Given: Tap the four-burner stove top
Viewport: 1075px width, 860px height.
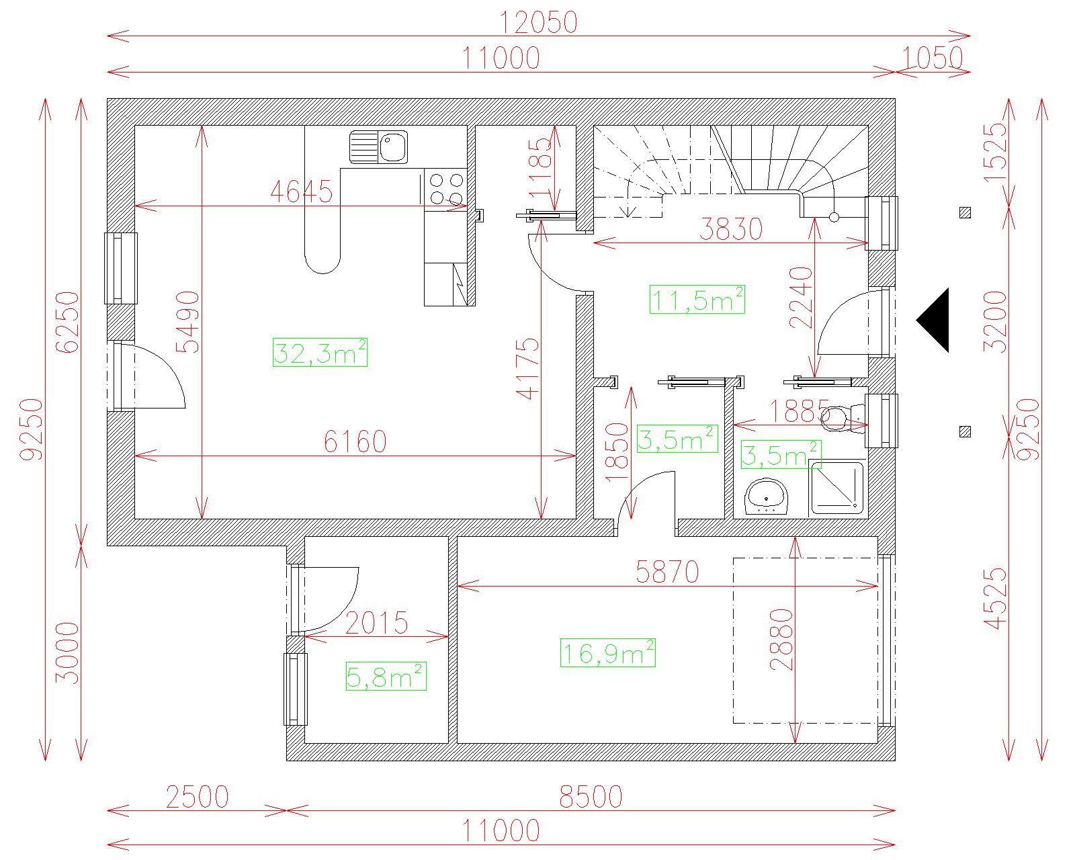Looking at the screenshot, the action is (445, 189).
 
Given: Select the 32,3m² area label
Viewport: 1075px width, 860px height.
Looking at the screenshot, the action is (320, 353).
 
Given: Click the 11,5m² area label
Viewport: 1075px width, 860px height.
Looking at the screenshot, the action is (697, 300).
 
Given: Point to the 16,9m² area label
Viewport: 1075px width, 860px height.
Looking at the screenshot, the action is (608, 652).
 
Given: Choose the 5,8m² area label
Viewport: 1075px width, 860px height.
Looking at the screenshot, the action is (386, 677).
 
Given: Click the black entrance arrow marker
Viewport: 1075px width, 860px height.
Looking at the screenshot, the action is (933, 320).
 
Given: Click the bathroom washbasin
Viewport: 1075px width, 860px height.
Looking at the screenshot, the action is (767, 497).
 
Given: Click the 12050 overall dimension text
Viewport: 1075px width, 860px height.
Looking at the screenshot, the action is (538, 22).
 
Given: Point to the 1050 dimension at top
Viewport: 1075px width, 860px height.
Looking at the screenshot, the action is (932, 58).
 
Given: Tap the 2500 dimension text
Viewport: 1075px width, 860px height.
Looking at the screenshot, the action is (198, 797).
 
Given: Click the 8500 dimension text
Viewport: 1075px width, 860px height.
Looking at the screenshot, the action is (591, 797).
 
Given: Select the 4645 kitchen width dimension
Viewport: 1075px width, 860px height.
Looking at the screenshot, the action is (302, 191).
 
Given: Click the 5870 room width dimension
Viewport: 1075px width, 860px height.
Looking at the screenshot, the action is (667, 572).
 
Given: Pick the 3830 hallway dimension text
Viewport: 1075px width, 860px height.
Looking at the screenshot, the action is (731, 229).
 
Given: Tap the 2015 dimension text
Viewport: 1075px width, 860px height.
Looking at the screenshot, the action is (377, 623).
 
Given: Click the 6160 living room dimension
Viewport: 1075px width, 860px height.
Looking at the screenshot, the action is (355, 441).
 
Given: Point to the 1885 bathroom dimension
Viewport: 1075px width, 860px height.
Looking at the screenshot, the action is (799, 411).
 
